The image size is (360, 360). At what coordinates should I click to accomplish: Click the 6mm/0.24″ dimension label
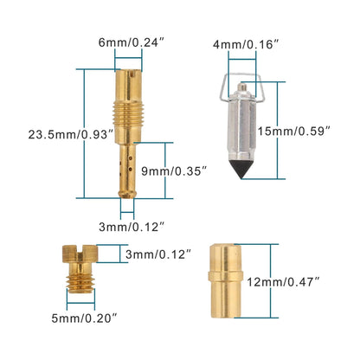pyautogui.click(x=132, y=42)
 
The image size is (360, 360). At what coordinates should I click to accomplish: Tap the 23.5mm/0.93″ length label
pyautogui.click(x=70, y=135)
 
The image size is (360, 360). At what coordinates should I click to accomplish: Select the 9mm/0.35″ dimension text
pyautogui.click(x=175, y=171)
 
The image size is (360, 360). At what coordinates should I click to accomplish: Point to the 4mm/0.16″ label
pyautogui.click(x=246, y=45)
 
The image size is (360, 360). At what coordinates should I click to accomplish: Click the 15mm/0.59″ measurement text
pyautogui.click(x=293, y=132)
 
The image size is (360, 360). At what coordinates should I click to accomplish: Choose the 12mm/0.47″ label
pyautogui.click(x=283, y=282)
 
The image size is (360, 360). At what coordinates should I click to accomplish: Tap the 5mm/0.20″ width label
pyautogui.click(x=85, y=318)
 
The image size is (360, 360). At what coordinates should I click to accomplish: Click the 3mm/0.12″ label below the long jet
pyautogui.click(x=132, y=227)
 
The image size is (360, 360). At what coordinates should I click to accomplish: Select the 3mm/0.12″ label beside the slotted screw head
pyautogui.click(x=158, y=254)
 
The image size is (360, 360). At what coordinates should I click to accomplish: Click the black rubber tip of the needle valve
pyautogui.click(x=241, y=169)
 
